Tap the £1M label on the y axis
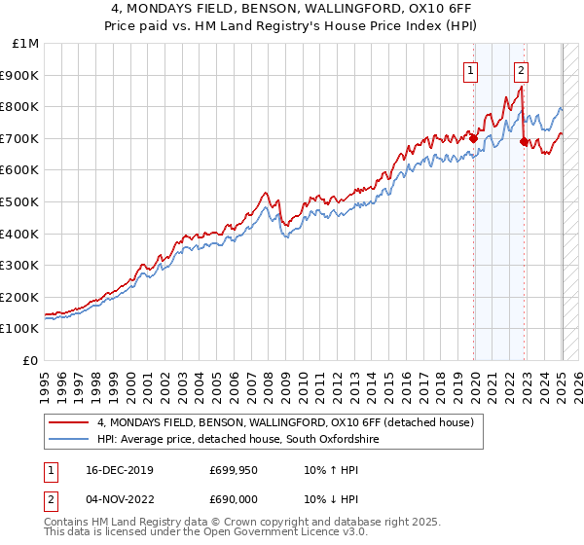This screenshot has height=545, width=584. [26, 43]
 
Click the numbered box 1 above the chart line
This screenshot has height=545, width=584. [471, 69]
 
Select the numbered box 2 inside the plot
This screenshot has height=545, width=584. [522, 69]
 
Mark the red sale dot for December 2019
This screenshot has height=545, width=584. [474, 138]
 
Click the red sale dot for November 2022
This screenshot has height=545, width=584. [524, 141]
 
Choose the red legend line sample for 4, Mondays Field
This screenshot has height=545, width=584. [68, 422]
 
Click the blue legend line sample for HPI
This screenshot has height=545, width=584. [68, 440]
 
